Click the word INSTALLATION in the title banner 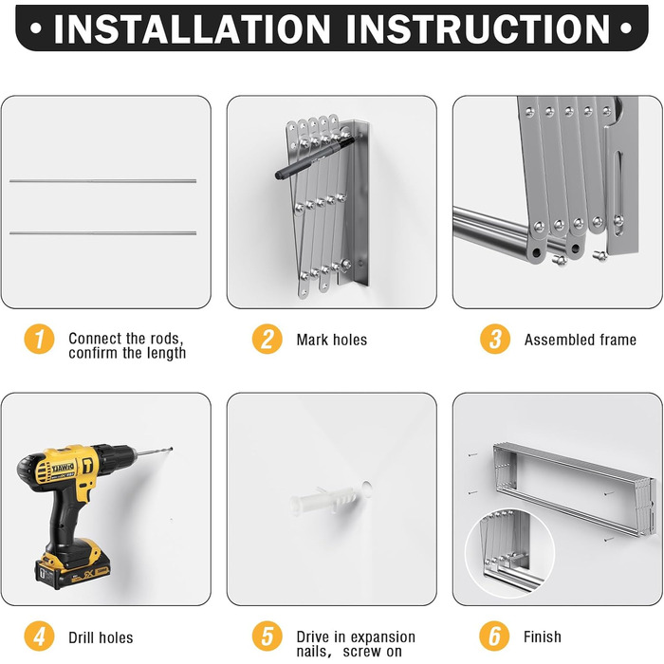(x=193, y=28)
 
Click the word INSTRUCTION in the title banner (x=478, y=28)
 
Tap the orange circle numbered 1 (x=40, y=339)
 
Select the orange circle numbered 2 (x=267, y=339)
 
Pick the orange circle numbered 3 (x=495, y=339)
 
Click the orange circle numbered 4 (x=40, y=636)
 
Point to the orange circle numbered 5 (x=267, y=636)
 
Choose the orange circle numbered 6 (x=494, y=636)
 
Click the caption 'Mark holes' (x=332, y=340)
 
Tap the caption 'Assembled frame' (x=581, y=340)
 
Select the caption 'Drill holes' (x=101, y=637)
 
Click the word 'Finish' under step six (x=543, y=636)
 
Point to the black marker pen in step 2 (x=315, y=157)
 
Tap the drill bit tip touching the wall (x=171, y=449)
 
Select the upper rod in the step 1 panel (x=102, y=181)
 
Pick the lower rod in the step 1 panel (x=102, y=233)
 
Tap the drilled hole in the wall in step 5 (x=367, y=488)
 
